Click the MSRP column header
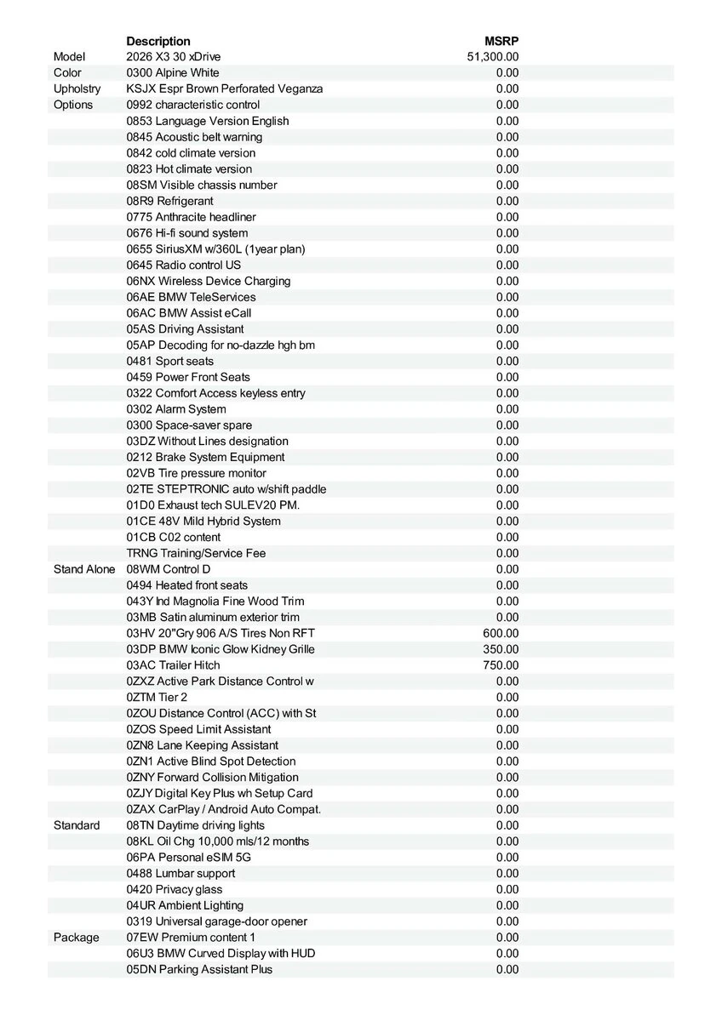point(501,41)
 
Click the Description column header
point(158,41)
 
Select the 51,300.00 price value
point(493,57)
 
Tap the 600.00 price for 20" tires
point(501,633)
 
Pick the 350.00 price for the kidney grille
point(501,649)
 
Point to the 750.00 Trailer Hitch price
point(501,665)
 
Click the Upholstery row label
point(77,88)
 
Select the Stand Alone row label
point(84,569)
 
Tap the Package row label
point(77,938)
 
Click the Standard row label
point(77,825)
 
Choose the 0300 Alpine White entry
point(173,73)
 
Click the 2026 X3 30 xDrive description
point(174,57)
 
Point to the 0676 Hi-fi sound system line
point(187,233)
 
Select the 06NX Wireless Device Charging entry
point(209,281)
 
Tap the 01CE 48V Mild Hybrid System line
point(203,521)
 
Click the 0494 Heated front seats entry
point(187,585)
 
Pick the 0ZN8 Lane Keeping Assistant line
point(203,745)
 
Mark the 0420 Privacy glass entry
point(175,889)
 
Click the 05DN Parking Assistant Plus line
point(200,969)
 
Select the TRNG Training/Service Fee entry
point(196,553)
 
